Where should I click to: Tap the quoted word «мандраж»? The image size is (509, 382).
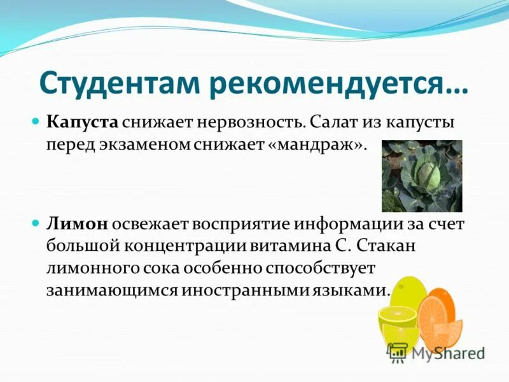(x=316, y=143)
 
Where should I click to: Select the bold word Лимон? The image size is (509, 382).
(x=76, y=224)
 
